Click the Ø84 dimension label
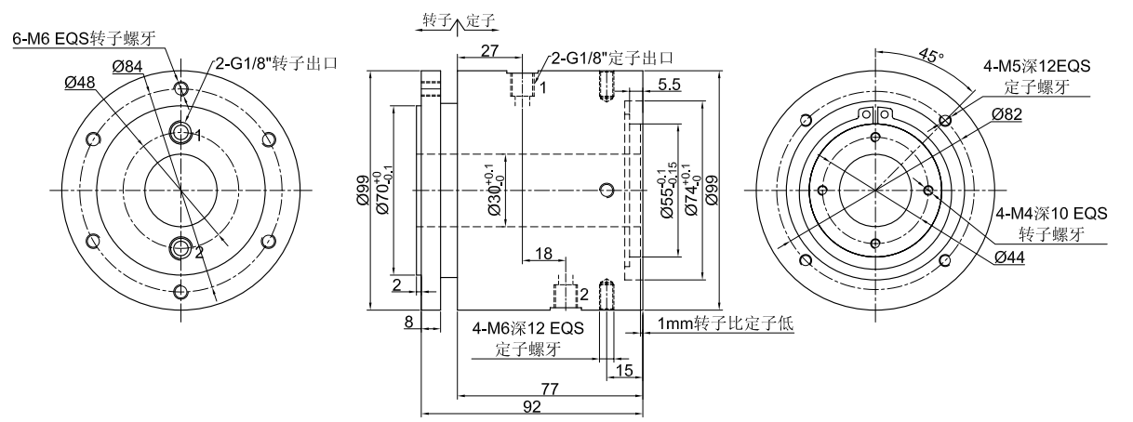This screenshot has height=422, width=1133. click(127, 66)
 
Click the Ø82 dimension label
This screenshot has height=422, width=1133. click(1009, 112)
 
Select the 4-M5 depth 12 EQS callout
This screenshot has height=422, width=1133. click(1035, 67)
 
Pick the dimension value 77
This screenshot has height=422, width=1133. click(550, 387)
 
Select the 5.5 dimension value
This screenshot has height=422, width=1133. click(668, 85)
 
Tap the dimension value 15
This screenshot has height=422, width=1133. click(623, 370)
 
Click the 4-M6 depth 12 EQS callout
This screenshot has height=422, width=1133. click(514, 329)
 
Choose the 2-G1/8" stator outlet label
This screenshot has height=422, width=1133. click(611, 59)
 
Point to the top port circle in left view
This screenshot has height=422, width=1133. click(181, 131)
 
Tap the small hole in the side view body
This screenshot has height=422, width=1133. click(607, 191)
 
